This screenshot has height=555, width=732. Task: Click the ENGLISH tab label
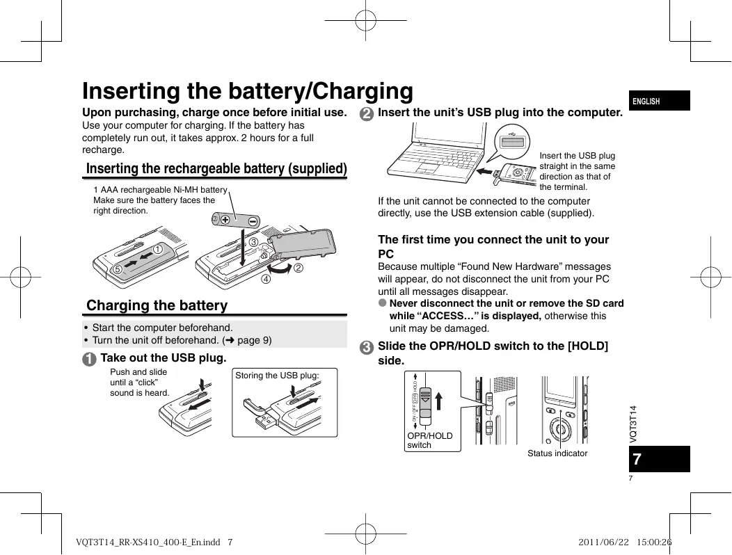pyautogui.click(x=646, y=102)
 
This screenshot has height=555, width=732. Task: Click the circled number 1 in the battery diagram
pyautogui.click(x=159, y=248)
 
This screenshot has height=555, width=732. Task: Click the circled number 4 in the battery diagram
pyautogui.click(x=266, y=280)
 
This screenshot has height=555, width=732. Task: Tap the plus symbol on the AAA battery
pyautogui.click(x=225, y=220)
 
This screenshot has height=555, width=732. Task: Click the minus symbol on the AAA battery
pyautogui.click(x=253, y=220)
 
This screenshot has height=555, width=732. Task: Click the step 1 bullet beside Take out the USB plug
pyautogui.click(x=89, y=359)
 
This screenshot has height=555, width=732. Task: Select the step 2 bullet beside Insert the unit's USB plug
pyautogui.click(x=366, y=113)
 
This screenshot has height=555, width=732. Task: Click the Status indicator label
pyautogui.click(x=557, y=453)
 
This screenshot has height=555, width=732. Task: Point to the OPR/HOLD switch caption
pyautogui.click(x=430, y=440)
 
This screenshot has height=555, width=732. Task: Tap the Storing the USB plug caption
pyautogui.click(x=278, y=376)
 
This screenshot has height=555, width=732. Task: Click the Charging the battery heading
pyautogui.click(x=157, y=305)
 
